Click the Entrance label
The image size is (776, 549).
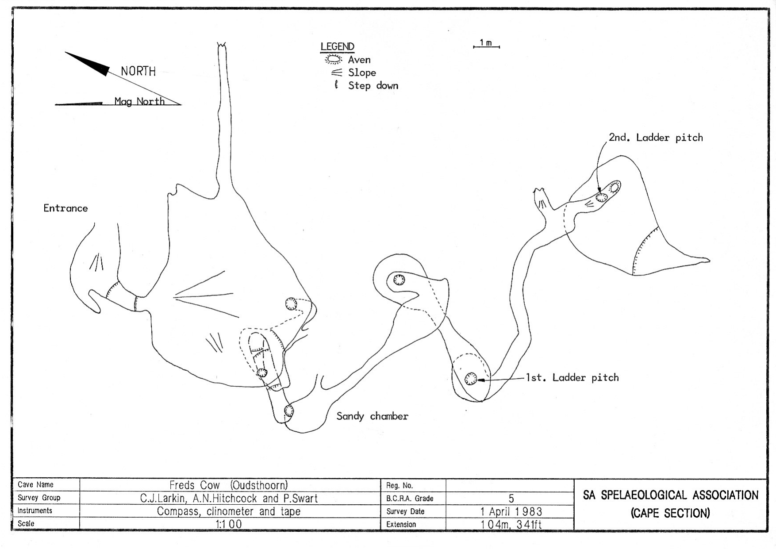point(65,208)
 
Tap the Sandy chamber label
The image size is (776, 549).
point(372,416)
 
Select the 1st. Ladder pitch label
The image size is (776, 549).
point(572,378)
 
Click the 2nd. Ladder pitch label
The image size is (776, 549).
point(655,138)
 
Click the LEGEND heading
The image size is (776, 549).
point(337,46)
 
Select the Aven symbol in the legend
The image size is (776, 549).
point(334,59)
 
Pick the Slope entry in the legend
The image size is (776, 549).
point(361,73)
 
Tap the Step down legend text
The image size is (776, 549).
point(373,86)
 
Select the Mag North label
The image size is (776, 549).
point(139,101)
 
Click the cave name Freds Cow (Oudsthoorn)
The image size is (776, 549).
point(229,485)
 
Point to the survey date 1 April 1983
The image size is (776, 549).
point(511,512)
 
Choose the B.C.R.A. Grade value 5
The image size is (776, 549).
point(511,499)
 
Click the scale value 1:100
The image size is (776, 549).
point(229,525)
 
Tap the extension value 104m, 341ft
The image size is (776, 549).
point(511,525)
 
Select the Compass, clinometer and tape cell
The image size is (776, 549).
point(229,512)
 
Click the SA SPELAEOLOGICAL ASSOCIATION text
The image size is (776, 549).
point(670,495)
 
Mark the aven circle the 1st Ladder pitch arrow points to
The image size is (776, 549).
point(470,379)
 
